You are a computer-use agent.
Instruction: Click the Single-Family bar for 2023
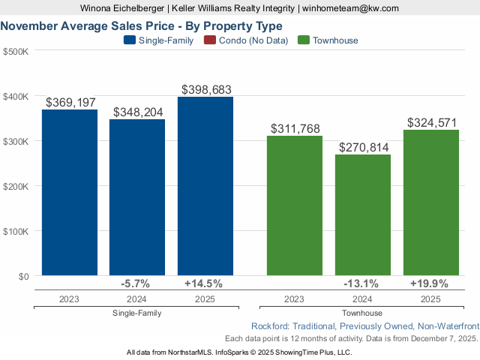(69, 193)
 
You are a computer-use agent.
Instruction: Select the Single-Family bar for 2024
(137, 197)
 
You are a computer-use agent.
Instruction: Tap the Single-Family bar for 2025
(205, 186)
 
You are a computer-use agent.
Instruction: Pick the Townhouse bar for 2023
(295, 205)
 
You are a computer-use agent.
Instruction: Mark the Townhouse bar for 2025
(430, 202)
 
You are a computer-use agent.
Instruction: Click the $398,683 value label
(205, 89)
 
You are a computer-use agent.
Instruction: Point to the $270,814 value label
(363, 147)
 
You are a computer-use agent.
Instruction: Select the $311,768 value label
(295, 129)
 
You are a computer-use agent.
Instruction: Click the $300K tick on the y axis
(15, 141)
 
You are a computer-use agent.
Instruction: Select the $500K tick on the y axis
(15, 51)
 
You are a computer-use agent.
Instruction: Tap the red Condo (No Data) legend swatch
(210, 40)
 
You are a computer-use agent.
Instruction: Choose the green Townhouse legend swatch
(304, 40)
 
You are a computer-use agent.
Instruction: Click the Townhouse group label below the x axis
(362, 313)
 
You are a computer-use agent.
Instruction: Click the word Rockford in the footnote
(271, 326)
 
